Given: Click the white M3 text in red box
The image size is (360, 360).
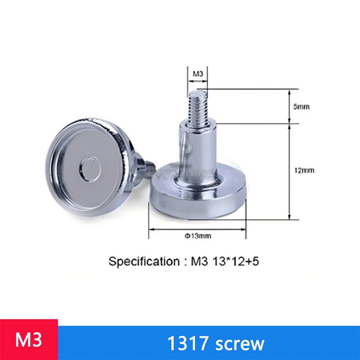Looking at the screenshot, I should click(29, 340).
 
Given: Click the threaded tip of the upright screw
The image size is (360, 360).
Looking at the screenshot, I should click(198, 106).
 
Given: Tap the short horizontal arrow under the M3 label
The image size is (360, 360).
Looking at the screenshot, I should click(198, 82).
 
